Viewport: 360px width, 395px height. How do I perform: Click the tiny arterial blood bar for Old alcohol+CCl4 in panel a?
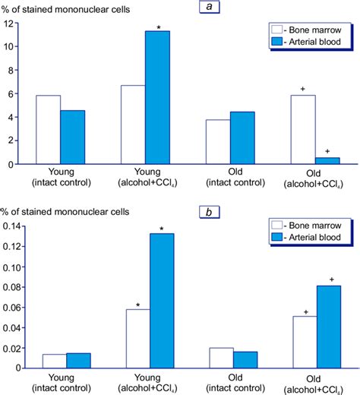coord(327,160)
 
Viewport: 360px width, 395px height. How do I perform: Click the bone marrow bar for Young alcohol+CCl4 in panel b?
coord(133,338)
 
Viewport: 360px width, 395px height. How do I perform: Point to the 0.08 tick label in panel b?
coord(13,287)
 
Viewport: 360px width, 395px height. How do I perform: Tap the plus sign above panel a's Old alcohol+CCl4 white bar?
coord(303,90)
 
